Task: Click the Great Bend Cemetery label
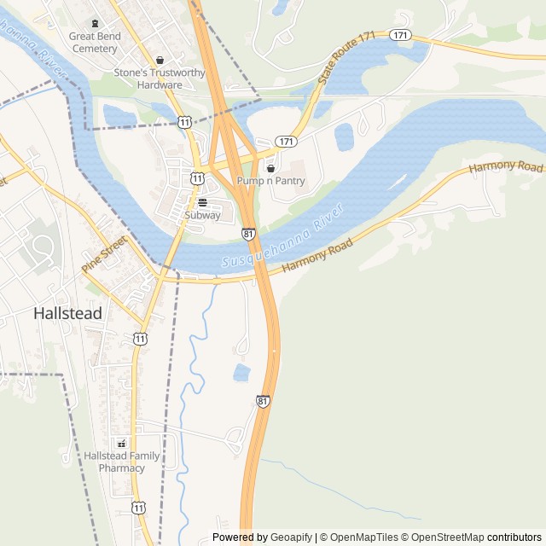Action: tap(95, 43)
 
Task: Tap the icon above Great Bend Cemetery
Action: tap(95, 23)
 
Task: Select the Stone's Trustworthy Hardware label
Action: tap(160, 78)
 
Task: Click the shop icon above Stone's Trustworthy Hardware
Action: tap(160, 60)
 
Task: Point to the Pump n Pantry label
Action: tap(271, 181)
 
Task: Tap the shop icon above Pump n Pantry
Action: tap(270, 168)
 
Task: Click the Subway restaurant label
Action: tap(202, 215)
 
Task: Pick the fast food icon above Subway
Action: tap(202, 203)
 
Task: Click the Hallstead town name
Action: tap(67, 313)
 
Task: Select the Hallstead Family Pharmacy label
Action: tap(121, 462)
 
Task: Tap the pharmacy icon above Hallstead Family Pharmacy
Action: tap(121, 444)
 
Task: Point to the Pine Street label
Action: tap(103, 255)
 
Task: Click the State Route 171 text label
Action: tap(346, 58)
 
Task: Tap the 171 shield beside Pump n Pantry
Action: tap(287, 141)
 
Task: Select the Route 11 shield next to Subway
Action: tap(197, 178)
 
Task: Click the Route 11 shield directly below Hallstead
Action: tap(140, 339)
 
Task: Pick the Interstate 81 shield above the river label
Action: tap(248, 233)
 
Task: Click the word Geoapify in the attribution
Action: tap(291, 537)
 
